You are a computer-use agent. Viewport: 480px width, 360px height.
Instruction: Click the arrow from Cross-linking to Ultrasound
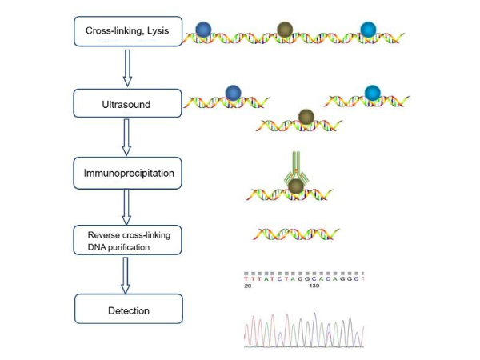pos(126,67)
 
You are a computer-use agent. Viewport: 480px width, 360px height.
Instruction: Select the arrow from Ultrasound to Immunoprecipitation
pos(126,137)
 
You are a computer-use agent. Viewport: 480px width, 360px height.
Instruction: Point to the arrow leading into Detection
pos(126,275)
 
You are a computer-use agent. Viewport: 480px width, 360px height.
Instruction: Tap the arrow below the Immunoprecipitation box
pos(126,206)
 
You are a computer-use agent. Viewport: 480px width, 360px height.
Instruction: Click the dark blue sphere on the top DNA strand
pos(205,30)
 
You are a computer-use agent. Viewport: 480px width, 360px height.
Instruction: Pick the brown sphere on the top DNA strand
pos(284,30)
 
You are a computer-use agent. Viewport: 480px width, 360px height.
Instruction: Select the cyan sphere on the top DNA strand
pos(368,30)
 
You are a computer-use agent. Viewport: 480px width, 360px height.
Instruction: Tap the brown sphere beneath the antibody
pos(295,186)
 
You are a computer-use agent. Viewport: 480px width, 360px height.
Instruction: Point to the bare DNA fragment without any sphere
pos(295,234)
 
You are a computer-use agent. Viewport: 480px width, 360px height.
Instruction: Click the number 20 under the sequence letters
pos(248,284)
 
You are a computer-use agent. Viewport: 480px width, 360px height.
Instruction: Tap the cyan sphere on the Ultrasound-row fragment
pos(373,93)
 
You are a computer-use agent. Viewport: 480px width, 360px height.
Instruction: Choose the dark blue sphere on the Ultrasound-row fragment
pos(233,94)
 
